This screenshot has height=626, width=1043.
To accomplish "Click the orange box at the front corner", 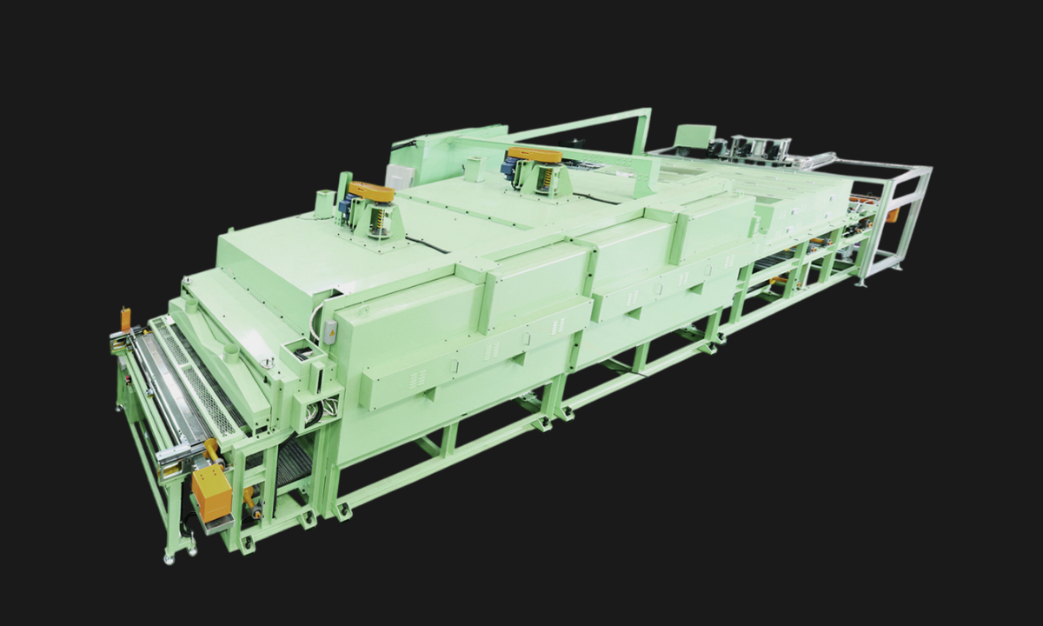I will tap(211, 490).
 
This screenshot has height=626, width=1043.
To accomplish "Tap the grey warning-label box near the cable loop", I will tap(330, 330).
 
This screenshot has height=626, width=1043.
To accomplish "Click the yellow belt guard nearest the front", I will tap(371, 191).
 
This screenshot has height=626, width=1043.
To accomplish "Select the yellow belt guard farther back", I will tap(535, 155).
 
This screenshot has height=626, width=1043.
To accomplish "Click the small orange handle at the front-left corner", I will tap(125, 317).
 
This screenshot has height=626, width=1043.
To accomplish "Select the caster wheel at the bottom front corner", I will tap(168, 553).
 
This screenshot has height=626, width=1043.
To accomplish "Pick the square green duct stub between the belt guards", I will tap(474, 170).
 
